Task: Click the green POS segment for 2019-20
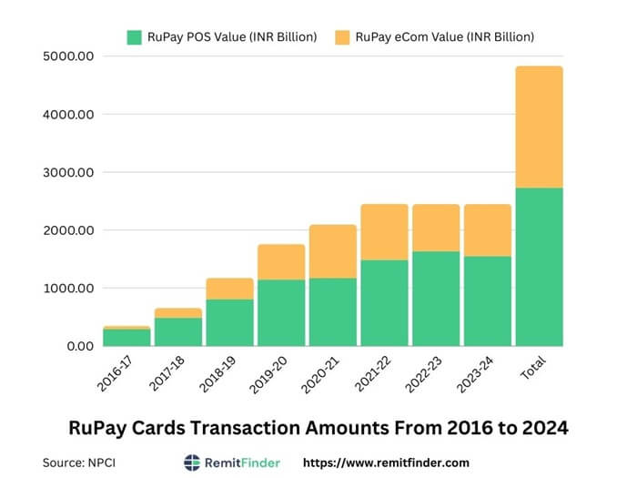[280, 312]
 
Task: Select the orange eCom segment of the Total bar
[538, 127]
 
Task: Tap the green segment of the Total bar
[538, 267]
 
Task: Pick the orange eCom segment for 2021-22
[383, 232]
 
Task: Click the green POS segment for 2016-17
[126, 337]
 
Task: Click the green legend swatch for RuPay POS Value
[135, 37]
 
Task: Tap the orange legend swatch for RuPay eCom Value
[342, 37]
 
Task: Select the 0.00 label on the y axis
[79, 346]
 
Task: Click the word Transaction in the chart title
[288, 426]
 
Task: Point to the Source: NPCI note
[79, 463]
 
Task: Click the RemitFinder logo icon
[192, 463]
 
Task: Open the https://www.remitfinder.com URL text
[386, 463]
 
